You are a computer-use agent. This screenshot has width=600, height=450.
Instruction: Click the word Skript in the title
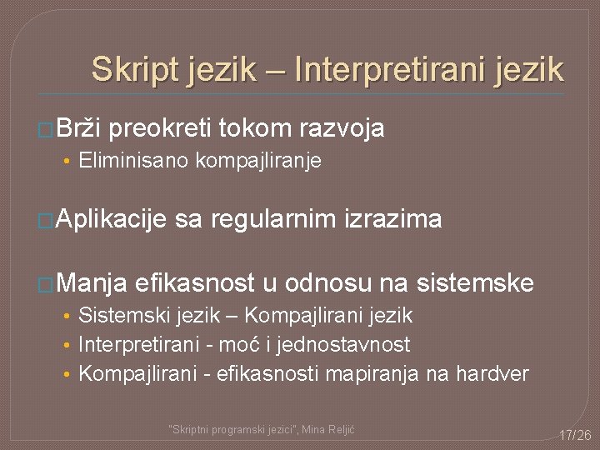(x=134, y=69)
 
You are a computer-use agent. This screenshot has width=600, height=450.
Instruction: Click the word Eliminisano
(x=133, y=160)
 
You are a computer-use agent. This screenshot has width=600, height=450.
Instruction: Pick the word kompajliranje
(x=258, y=161)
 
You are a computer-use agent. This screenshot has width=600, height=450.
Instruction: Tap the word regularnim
(x=274, y=219)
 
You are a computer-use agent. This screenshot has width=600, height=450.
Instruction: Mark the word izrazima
(x=392, y=219)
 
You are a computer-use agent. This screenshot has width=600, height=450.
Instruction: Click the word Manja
(x=91, y=283)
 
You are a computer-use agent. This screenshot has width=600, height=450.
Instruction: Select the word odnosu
(x=329, y=283)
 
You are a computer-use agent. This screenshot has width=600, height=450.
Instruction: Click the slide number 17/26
(x=575, y=435)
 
